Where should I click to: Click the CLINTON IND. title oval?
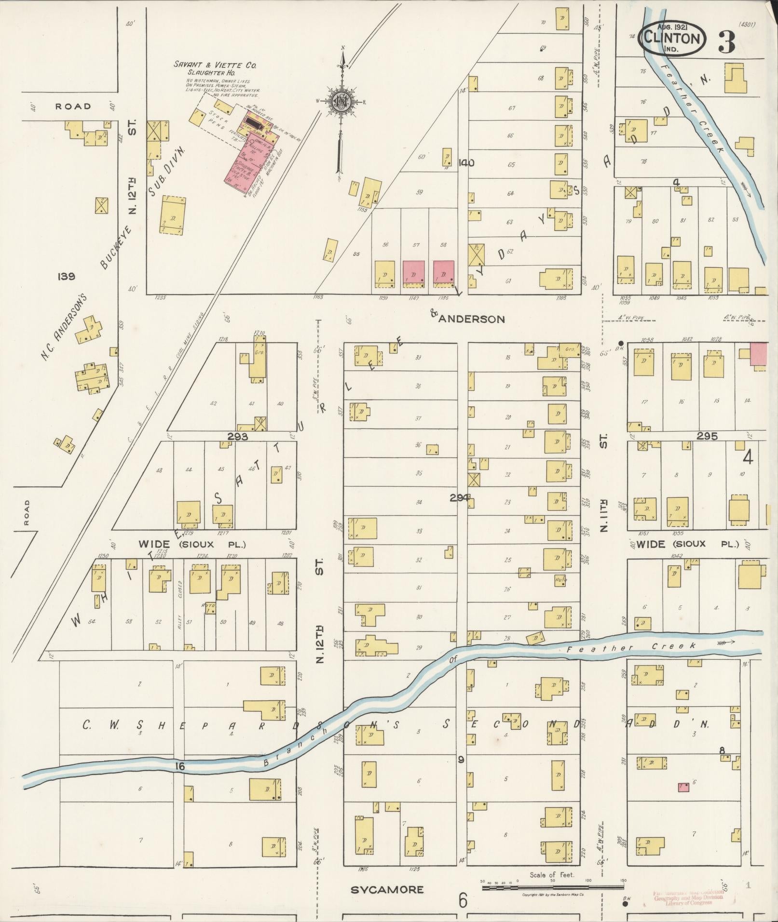tap(672, 38)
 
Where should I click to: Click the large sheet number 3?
tap(727, 42)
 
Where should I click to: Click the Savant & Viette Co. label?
tap(216, 65)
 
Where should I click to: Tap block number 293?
tap(238, 437)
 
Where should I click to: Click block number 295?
tap(707, 436)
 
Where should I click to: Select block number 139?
tap(66, 276)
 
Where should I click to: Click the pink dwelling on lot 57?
tap(413, 273)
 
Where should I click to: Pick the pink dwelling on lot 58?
tap(444, 273)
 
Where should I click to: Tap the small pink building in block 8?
tap(683, 787)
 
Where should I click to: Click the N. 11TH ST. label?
tap(603, 482)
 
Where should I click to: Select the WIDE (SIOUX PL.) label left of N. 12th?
tap(192, 544)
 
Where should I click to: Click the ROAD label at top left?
tap(73, 106)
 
